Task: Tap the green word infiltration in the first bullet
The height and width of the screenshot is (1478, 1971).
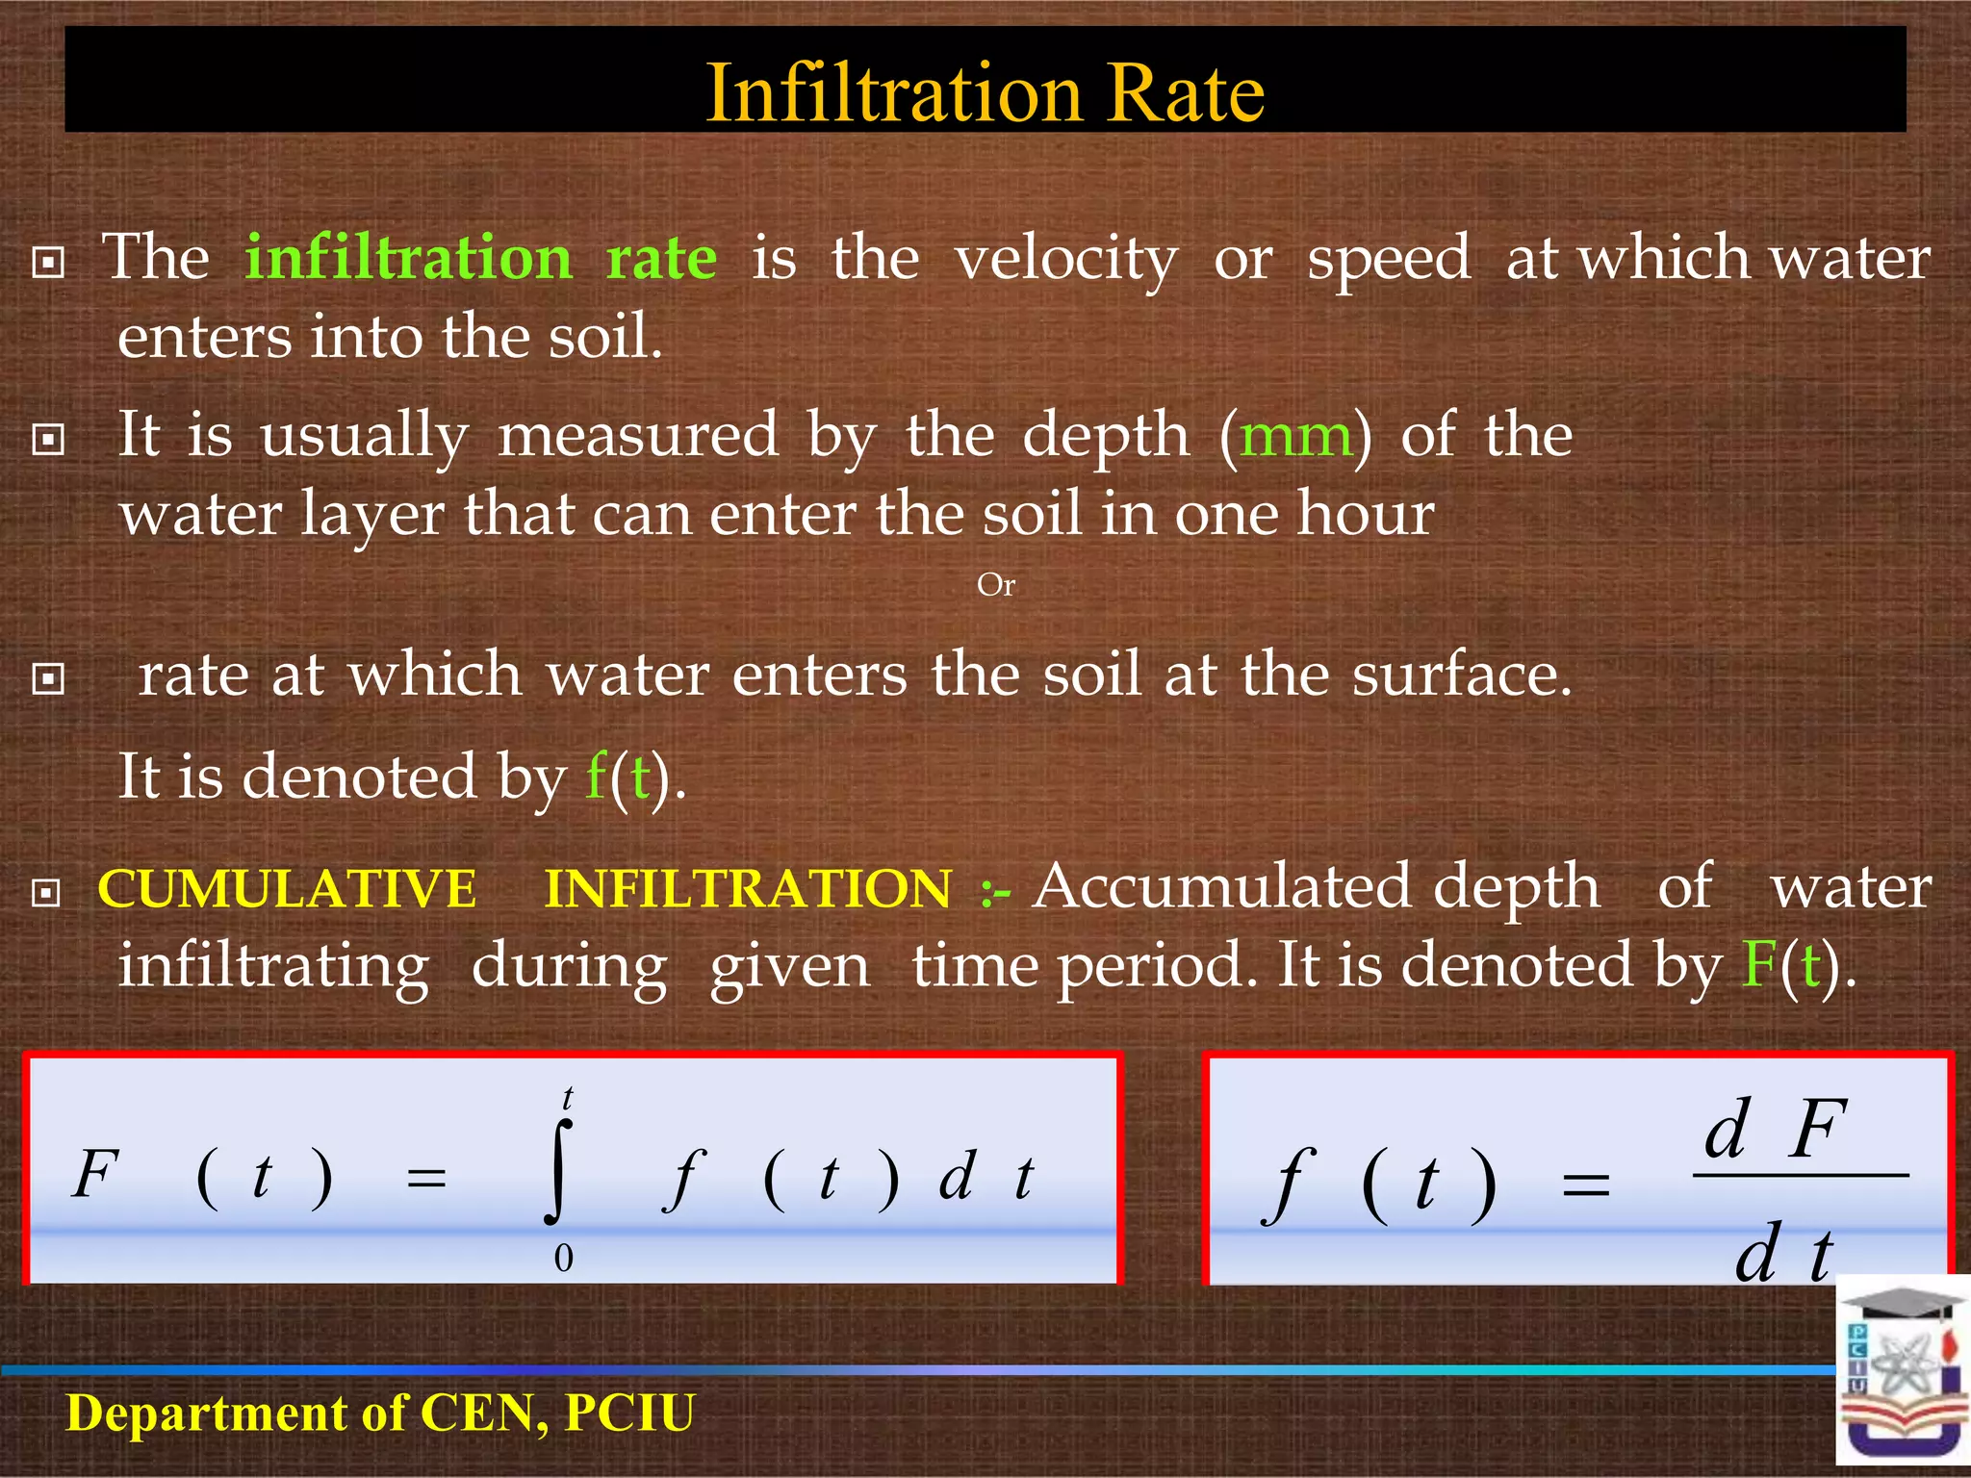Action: [408, 258]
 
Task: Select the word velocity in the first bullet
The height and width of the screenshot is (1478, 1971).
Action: [1065, 258]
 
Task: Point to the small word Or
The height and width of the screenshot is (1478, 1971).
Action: [995, 584]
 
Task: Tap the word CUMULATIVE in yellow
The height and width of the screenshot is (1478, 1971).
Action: [287, 887]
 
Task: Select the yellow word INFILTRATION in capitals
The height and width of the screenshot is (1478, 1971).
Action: [748, 887]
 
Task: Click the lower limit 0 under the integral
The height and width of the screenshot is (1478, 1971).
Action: [564, 1258]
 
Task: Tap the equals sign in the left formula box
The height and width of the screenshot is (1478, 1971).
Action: [426, 1178]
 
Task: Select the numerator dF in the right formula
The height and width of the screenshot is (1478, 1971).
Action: [1774, 1128]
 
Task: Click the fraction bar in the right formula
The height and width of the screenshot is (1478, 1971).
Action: [1800, 1175]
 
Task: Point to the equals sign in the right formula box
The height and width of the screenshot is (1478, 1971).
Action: [1585, 1185]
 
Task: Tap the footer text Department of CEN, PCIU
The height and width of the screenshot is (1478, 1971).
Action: [380, 1413]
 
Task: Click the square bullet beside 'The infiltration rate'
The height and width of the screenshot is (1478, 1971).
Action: [48, 262]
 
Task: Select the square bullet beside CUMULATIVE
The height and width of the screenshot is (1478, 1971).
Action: [46, 892]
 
